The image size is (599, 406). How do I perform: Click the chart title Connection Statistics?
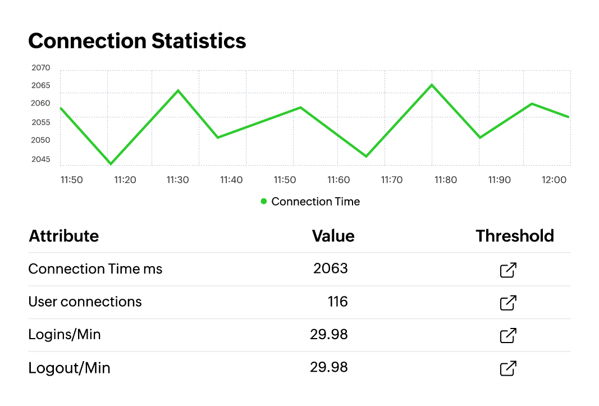(x=137, y=41)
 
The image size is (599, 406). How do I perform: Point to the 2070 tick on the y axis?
(x=41, y=68)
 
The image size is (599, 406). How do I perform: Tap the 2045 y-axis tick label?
(x=41, y=159)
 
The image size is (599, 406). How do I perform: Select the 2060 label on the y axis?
(x=41, y=104)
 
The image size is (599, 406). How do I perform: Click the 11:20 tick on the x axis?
(x=125, y=180)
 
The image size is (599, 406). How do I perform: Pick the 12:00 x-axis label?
(x=554, y=180)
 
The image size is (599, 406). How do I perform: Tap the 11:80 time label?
(x=446, y=180)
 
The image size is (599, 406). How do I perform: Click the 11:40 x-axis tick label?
(x=231, y=180)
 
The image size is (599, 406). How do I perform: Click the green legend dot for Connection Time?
(x=264, y=202)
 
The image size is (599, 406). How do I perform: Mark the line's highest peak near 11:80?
(x=432, y=85)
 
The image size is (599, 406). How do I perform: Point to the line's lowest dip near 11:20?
(x=111, y=164)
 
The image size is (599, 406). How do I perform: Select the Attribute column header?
(x=63, y=236)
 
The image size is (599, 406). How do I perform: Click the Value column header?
(x=333, y=236)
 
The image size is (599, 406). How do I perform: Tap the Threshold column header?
(x=515, y=236)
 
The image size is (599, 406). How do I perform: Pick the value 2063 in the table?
(x=331, y=268)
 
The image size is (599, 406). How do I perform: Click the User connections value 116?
(x=337, y=302)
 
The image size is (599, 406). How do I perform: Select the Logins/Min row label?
(x=65, y=335)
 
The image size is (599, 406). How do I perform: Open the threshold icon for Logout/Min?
(x=508, y=368)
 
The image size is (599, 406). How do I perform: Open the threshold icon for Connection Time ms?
(x=508, y=270)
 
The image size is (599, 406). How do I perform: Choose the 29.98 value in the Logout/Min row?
(x=329, y=367)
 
